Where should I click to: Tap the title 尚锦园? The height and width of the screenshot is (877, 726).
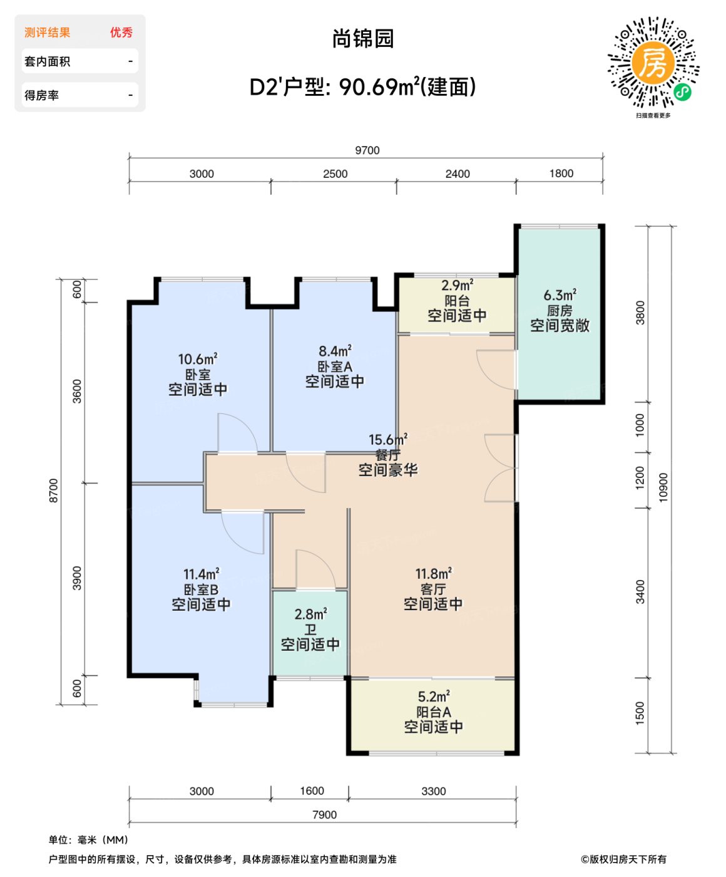[363, 39]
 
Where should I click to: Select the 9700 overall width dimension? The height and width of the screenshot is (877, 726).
[367, 150]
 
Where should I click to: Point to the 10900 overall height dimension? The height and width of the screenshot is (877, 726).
[663, 487]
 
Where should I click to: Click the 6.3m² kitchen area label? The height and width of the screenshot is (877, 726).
[560, 295]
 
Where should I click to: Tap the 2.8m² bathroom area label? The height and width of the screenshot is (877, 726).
[310, 615]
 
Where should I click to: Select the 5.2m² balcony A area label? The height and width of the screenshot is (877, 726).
[434, 697]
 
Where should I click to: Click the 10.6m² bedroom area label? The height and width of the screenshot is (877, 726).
[197, 360]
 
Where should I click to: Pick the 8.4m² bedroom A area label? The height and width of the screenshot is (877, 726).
[335, 351]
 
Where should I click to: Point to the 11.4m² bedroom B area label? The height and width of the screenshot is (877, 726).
[201, 574]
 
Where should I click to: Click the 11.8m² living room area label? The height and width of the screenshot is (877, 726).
[433, 574]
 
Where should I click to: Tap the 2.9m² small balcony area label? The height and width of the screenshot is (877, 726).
[457, 286]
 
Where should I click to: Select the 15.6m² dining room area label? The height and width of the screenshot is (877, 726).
[387, 440]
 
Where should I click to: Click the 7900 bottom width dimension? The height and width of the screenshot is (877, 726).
[324, 814]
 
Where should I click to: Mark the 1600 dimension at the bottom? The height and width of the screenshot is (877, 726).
[312, 791]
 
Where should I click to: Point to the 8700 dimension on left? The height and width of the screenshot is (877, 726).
[54, 490]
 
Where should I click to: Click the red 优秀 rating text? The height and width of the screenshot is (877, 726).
[121, 33]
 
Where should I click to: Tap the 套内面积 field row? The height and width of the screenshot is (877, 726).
[79, 61]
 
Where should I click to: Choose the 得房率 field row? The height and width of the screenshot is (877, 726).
[79, 95]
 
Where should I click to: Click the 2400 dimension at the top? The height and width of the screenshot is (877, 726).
[458, 174]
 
